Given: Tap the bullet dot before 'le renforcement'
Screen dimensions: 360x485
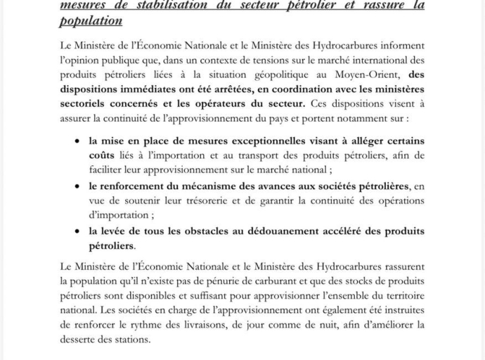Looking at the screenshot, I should (x=77, y=187).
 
